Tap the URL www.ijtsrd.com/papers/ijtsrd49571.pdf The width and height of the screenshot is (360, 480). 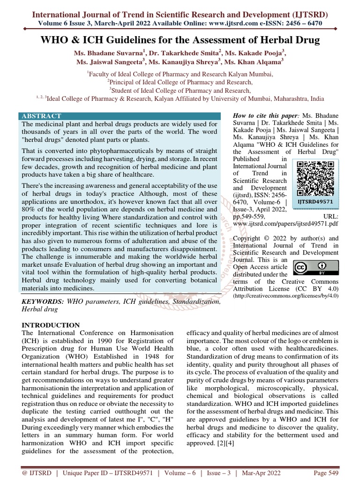click(x=285, y=225)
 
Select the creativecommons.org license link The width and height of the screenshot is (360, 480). click(x=285, y=297)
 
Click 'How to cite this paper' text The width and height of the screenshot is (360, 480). click(x=264, y=115)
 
